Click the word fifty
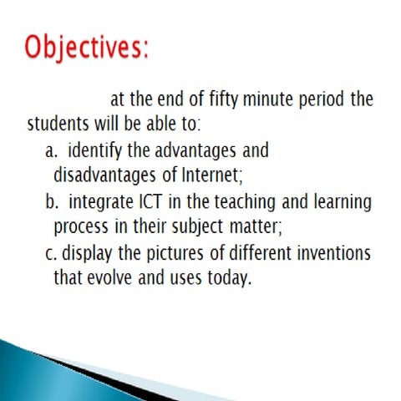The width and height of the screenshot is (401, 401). [x=231, y=100]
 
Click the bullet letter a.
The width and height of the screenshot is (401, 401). [x=49, y=151]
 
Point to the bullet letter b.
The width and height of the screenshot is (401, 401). [x=49, y=202]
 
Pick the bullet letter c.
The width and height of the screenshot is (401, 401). [x=48, y=252]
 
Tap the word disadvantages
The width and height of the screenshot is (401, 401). [x=102, y=176]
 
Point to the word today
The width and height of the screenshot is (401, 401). [x=228, y=277]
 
